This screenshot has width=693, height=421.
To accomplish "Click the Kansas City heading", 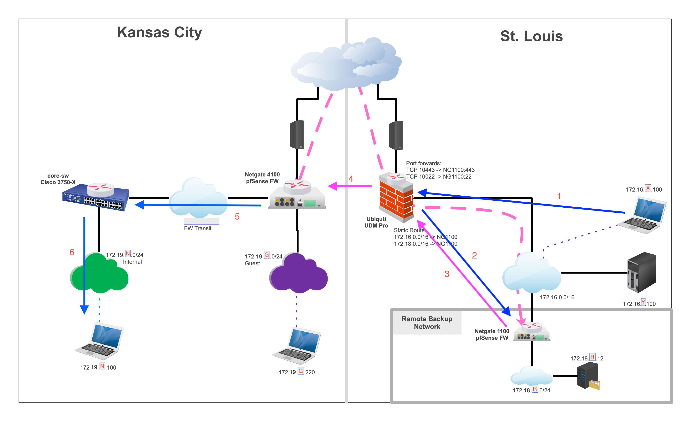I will point(160,32).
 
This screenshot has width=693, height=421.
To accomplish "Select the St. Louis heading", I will point(531,36).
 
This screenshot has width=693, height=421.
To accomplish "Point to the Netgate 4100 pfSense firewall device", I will point(297,196).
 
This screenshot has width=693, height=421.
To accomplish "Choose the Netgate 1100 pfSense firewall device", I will point(532,332).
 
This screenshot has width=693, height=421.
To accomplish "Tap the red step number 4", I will point(351,179).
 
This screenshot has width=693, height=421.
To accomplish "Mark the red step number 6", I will point(72,252).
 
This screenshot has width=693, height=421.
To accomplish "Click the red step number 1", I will point(559,196).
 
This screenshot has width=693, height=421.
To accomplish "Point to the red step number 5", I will point(237,216).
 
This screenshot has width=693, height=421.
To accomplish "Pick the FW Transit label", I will point(198,228).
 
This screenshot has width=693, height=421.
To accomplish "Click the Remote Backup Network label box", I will point(427,323).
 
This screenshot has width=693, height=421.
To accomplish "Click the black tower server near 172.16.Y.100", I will point(642,272).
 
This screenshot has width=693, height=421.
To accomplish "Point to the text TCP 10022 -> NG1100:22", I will point(439,177).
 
